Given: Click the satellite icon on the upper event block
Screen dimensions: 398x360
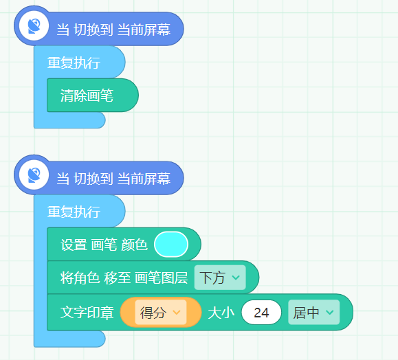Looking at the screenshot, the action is (x=34, y=26).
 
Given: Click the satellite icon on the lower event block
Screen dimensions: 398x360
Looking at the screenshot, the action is (x=34, y=175).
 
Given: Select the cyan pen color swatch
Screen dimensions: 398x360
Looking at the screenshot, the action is (x=171, y=245).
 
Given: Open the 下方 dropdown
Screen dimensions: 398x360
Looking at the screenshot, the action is (x=220, y=278).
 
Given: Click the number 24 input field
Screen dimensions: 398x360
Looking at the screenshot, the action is (x=261, y=313).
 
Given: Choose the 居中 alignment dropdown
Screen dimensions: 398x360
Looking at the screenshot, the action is (x=313, y=313).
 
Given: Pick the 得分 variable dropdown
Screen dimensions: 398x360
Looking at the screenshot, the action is (x=161, y=313).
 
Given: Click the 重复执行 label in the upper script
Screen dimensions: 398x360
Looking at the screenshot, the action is (x=74, y=63).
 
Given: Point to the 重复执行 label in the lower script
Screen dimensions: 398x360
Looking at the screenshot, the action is (x=74, y=212).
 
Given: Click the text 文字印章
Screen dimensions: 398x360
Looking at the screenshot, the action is (x=87, y=313).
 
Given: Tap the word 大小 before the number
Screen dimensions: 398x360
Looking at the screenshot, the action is (x=221, y=313).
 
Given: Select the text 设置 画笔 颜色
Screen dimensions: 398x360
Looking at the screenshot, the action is (x=104, y=245).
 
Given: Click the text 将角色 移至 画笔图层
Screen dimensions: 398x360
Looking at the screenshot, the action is (x=124, y=278).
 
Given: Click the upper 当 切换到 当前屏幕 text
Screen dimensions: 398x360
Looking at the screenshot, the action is (x=113, y=30).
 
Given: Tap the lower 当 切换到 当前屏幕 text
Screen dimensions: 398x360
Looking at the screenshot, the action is (x=113, y=179).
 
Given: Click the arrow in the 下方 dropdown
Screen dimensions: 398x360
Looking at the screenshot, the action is (x=236, y=278).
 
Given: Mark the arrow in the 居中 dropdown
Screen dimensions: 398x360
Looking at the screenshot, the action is (x=330, y=313).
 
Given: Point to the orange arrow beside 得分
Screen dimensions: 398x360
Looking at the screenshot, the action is (x=177, y=313).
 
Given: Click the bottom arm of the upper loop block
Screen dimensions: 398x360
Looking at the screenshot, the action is (x=70, y=120).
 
